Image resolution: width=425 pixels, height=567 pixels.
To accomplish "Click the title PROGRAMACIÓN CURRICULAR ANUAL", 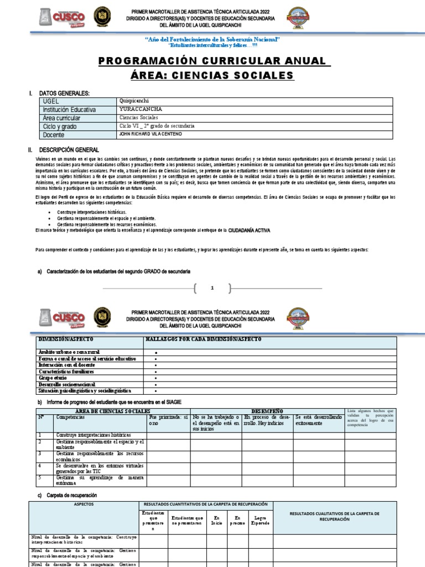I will click(x=214, y=60).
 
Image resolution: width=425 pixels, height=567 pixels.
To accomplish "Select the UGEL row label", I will click(x=50, y=102).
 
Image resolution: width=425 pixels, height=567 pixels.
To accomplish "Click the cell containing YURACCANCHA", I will click(x=136, y=110).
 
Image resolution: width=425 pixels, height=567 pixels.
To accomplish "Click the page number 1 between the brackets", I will click(x=212, y=288).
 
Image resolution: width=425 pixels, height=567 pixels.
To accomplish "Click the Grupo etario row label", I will click(x=55, y=378).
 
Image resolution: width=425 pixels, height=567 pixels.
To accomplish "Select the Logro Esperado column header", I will click(x=260, y=519).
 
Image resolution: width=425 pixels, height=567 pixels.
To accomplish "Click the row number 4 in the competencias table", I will click(x=40, y=466).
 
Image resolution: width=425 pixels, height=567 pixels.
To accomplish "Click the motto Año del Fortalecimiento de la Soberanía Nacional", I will click(x=212, y=39).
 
